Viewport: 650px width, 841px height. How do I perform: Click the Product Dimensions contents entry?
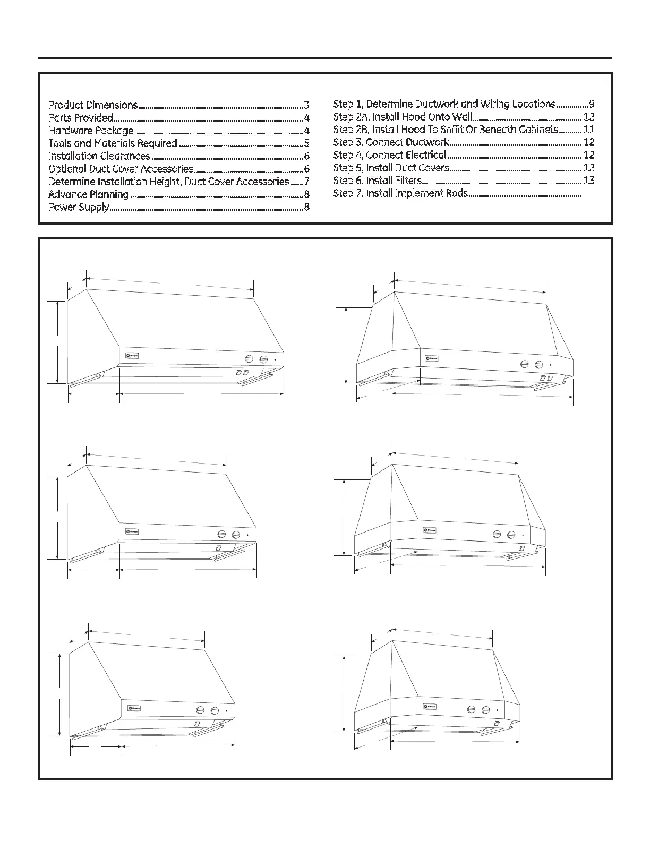pos(93,105)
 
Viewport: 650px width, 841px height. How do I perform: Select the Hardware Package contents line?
pos(91,131)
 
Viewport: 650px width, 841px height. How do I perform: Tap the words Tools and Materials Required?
pos(113,143)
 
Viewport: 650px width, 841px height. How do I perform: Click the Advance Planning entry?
pos(88,194)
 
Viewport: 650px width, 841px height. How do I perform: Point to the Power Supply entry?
pos(79,207)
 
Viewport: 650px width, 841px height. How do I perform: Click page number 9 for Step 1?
pos(591,104)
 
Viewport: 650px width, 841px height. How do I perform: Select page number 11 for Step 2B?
pos(588,130)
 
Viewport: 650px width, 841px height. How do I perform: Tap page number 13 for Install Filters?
pos(588,181)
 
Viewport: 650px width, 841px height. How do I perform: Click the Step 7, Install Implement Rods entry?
pos(400,193)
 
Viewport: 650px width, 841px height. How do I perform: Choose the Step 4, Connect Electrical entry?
pos(389,155)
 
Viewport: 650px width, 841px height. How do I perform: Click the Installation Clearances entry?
pos(99,156)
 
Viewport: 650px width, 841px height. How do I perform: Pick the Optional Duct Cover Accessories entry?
pos(121,169)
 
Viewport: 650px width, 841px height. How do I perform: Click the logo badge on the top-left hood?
pos(132,356)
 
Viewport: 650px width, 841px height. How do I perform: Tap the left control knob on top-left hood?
pos(249,359)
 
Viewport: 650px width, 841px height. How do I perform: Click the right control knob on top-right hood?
pos(539,365)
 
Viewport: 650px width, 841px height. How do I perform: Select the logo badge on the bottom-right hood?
pos(430,707)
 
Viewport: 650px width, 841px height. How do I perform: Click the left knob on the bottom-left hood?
pos(201,710)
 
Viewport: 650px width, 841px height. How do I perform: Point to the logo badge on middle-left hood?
pos(132,531)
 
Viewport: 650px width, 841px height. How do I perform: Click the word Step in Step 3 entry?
pos(343,142)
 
